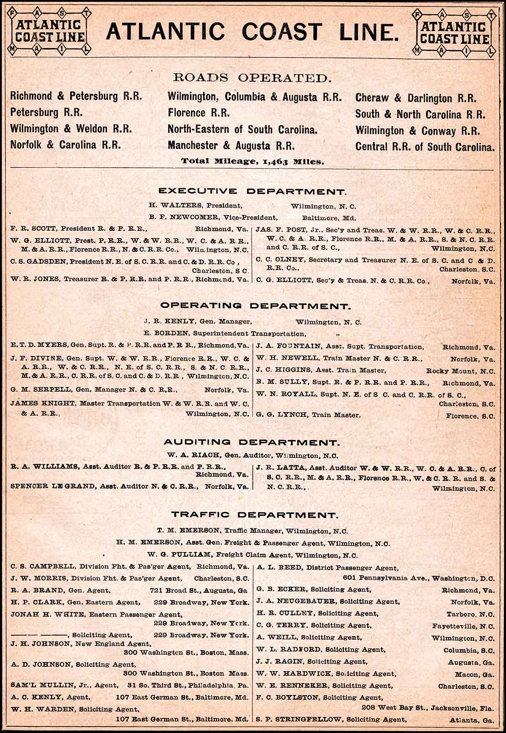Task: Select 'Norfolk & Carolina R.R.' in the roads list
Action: coord(65,145)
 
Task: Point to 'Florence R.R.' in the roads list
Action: coord(198,112)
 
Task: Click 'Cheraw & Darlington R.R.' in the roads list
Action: coord(416,98)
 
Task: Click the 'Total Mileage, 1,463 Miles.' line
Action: coord(253,161)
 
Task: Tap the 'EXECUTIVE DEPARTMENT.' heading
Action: coord(253,191)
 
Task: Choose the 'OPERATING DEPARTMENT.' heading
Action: coord(253,306)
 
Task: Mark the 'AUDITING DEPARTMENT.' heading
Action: coord(252,442)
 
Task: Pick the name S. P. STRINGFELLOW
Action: coord(298,719)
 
